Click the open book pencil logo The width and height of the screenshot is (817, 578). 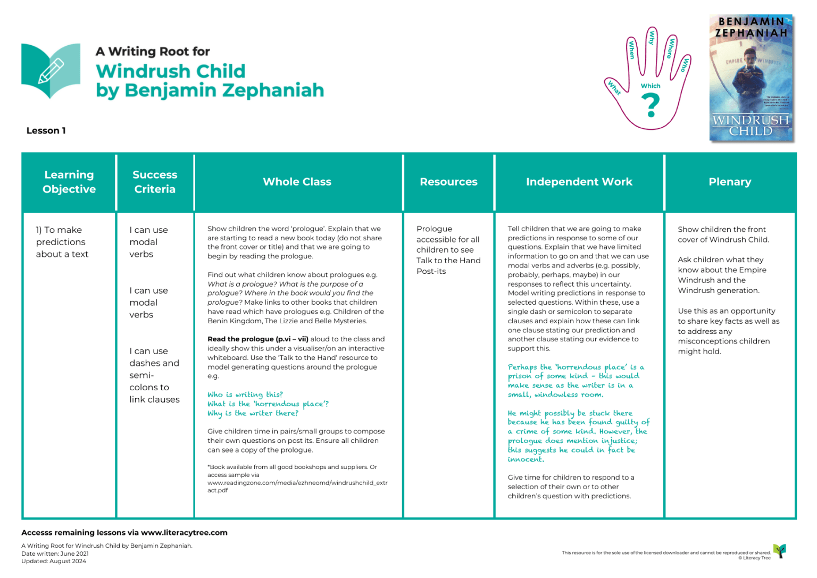(x=51, y=71)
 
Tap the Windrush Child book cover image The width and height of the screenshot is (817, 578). (x=751, y=78)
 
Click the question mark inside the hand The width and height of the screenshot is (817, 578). (x=650, y=105)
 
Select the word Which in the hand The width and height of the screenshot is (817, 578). (x=650, y=86)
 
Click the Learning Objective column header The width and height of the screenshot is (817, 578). (x=69, y=182)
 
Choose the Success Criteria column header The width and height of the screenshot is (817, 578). (x=155, y=182)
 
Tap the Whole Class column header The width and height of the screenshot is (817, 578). (x=297, y=182)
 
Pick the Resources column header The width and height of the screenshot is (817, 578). (x=448, y=182)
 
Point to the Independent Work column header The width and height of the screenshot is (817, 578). (x=579, y=182)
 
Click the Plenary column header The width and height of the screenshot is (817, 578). (x=730, y=182)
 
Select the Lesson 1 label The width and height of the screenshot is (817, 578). (x=46, y=131)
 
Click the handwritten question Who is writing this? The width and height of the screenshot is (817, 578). (x=245, y=395)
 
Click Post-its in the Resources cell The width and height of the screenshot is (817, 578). (x=431, y=271)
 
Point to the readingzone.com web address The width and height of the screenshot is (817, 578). (x=297, y=483)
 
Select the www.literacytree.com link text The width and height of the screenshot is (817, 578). (x=184, y=533)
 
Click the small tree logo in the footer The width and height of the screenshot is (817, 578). (x=780, y=551)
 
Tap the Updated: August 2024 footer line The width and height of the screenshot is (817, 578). (x=54, y=561)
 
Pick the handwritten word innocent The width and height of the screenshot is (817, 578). (x=526, y=459)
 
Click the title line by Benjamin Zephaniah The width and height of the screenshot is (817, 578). (x=210, y=90)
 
